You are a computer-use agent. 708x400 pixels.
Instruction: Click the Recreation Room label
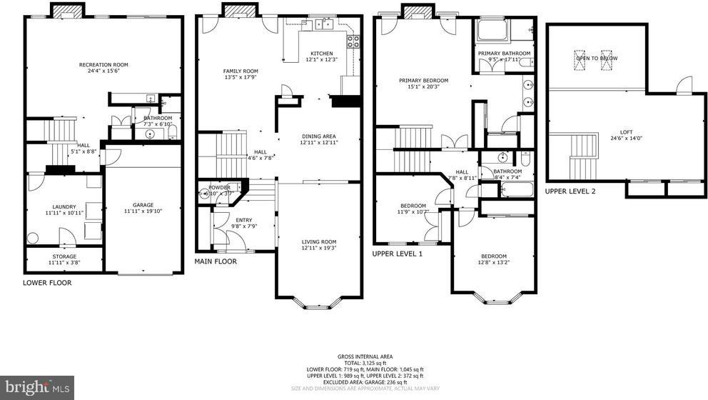[103, 65]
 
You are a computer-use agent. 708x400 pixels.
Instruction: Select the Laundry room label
[64, 206]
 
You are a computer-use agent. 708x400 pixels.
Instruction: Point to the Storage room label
[64, 256]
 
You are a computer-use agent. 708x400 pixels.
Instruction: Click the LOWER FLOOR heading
[47, 283]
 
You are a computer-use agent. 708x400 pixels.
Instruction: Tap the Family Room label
[240, 71]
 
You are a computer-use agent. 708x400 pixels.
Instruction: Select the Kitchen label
[321, 53]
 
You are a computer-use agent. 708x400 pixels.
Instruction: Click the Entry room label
[243, 220]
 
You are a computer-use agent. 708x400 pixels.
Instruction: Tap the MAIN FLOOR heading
[216, 261]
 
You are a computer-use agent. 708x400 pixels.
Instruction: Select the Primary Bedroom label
[423, 81]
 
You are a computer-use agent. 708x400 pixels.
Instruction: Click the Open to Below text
[597, 58]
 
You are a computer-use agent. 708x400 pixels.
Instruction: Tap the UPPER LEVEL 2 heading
[570, 191]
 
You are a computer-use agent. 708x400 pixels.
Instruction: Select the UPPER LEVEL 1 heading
[398, 254]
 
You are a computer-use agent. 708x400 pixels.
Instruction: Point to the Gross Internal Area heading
[365, 356]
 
